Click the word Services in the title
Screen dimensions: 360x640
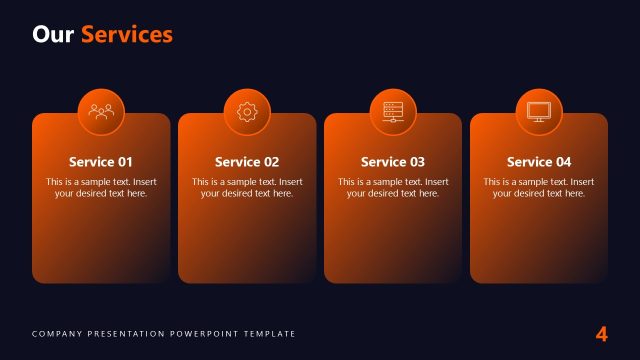[x=126, y=35]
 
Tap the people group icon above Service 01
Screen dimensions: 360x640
[x=101, y=112]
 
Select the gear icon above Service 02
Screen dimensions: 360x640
[x=247, y=112]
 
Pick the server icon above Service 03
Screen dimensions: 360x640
[x=393, y=112]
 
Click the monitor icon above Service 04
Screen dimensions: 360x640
[x=539, y=112]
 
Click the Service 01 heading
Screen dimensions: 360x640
[x=101, y=162]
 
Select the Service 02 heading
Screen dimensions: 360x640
[x=247, y=162]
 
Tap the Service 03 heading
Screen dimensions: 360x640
[x=393, y=162]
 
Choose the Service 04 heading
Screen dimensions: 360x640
[x=539, y=162]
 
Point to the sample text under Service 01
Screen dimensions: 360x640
[x=101, y=188]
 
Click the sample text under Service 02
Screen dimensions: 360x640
[x=247, y=188]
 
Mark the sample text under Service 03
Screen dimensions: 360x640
[x=393, y=188]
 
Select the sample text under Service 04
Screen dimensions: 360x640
[x=539, y=188]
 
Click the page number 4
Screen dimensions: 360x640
[x=601, y=334]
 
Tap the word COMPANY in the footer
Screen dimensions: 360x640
[x=54, y=334]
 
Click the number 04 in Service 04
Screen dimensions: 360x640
[x=563, y=162]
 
